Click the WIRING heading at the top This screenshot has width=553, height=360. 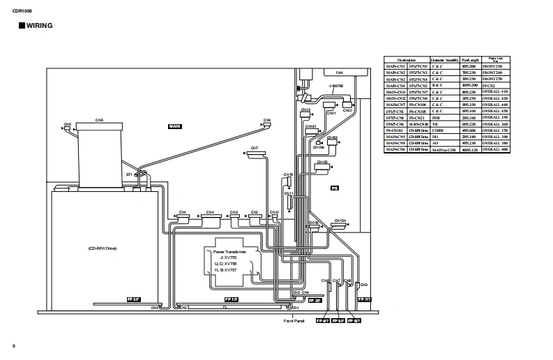(x=38, y=26)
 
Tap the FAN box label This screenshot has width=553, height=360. (x=340, y=73)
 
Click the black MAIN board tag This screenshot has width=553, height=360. (x=175, y=126)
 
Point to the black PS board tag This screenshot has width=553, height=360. (x=334, y=188)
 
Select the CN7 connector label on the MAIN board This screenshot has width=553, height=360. (x=255, y=148)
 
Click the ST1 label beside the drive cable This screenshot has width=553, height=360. (x=129, y=174)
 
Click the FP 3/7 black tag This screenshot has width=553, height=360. (x=133, y=299)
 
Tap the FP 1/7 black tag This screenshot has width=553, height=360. (x=231, y=299)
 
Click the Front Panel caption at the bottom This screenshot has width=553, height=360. (x=294, y=321)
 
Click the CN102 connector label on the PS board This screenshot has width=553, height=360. (x=322, y=162)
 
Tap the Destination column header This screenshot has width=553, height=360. (x=406, y=60)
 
